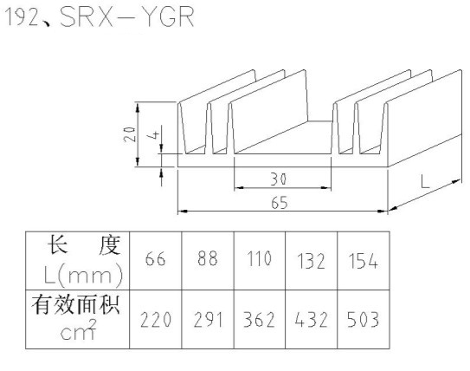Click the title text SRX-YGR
pos(127,16)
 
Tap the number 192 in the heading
pos(23,17)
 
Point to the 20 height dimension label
pos(130,134)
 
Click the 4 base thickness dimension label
pos(153,135)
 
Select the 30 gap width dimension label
pos(279,179)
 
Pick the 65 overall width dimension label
pos(280,203)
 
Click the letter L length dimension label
pos(425,182)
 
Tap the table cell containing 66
pos(155,259)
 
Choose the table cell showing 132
pos(311,261)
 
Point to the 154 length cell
pos(364,261)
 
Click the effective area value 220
pos(156,320)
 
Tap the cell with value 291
pos(208,320)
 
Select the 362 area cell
pos(260,320)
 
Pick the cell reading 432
pos(311,320)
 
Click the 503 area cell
pos(364,319)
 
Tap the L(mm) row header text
pos(83,275)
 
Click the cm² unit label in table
pos(78,330)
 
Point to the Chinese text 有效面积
pos(76,304)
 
